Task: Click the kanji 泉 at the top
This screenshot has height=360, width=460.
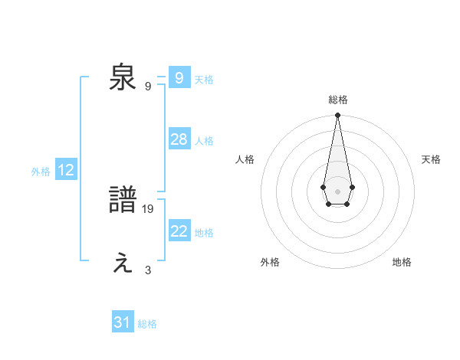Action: (123, 77)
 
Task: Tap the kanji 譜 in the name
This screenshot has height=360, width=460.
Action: (123, 201)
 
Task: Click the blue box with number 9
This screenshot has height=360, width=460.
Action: (179, 77)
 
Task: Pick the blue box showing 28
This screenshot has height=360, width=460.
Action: (179, 139)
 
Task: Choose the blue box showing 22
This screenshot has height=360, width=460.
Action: (179, 231)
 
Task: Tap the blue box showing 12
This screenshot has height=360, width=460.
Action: (66, 171)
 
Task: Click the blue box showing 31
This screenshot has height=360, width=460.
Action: (123, 322)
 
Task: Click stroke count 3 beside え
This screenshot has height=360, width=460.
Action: (148, 270)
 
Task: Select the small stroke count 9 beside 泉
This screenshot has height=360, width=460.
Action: (148, 86)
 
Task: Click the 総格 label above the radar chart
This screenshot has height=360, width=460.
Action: (338, 100)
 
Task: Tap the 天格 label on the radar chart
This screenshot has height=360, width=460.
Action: (431, 159)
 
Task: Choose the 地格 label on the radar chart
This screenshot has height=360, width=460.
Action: (402, 262)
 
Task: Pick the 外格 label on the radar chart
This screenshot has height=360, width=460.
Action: (270, 262)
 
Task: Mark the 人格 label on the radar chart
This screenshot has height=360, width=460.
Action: (245, 159)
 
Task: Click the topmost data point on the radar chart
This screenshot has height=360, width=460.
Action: (337, 116)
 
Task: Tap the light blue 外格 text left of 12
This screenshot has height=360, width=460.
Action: (41, 172)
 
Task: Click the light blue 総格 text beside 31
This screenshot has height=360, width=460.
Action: (147, 324)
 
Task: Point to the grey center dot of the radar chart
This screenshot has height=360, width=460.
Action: (337, 191)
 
